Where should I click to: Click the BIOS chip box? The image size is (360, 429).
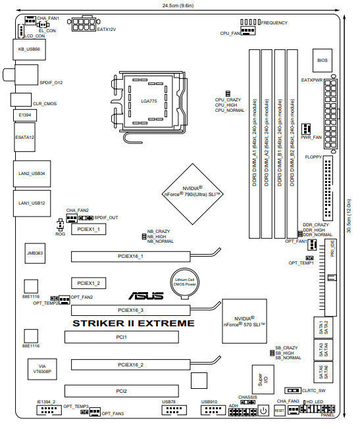pyautogui.click(x=322, y=61)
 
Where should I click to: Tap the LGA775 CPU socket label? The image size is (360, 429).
pyautogui.click(x=149, y=101)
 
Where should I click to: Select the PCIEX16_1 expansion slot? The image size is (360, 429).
pyautogui.click(x=130, y=257)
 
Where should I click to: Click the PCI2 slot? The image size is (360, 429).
pyautogui.click(x=122, y=391)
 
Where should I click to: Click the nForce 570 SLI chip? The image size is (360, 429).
pyautogui.click(x=244, y=321)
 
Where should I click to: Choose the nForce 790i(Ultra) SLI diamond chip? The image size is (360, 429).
pyautogui.click(x=192, y=194)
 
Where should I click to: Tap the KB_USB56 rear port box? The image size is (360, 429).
pyautogui.click(x=30, y=49)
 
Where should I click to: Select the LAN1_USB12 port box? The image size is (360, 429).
pyautogui.click(x=32, y=203)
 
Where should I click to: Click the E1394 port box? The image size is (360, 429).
pyautogui.click(x=25, y=115)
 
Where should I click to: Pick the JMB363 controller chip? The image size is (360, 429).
pyautogui.click(x=35, y=253)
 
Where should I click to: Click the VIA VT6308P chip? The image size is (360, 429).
pyautogui.click(x=42, y=369)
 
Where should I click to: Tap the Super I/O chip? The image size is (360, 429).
pyautogui.click(x=263, y=379)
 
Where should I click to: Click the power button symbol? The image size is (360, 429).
pyautogui.click(x=263, y=411)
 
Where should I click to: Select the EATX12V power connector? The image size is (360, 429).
pyautogui.click(x=84, y=24)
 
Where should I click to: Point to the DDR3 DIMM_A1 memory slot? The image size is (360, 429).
pyautogui.click(x=254, y=144)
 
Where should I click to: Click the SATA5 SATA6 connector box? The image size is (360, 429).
pyautogui.click(x=323, y=372)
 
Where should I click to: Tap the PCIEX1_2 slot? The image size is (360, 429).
pyautogui.click(x=88, y=283)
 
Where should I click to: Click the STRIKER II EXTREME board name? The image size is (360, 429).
pyautogui.click(x=134, y=323)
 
